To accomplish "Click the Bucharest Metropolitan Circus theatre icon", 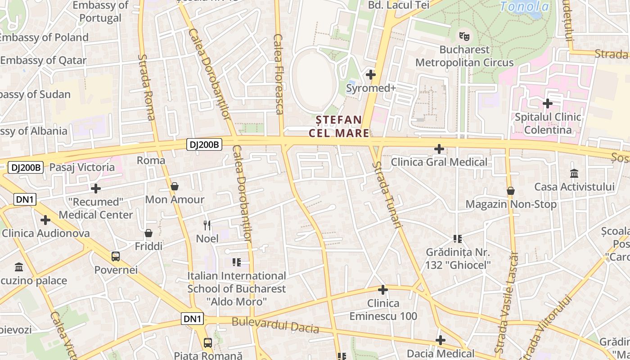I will (x=463, y=36).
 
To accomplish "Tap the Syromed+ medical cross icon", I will (x=371, y=75).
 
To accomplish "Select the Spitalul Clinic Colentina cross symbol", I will (x=547, y=103).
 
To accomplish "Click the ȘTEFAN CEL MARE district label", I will (x=339, y=126).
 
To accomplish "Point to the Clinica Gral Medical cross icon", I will (x=439, y=148).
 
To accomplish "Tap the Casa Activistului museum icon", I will (x=574, y=173).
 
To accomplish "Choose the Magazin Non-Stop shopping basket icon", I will (x=510, y=191).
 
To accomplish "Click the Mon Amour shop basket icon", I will (x=175, y=186).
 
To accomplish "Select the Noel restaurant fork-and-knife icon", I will (x=207, y=225).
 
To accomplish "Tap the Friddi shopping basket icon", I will (x=148, y=233).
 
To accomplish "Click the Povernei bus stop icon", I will (x=116, y=256).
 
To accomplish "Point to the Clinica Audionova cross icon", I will (x=45, y=220).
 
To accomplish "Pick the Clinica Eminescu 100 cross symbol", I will (x=383, y=290).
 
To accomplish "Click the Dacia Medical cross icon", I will (x=441, y=340).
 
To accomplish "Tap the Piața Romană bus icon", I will (x=208, y=343).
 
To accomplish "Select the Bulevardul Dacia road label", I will (x=275, y=326).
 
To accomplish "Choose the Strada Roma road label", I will (x=147, y=88).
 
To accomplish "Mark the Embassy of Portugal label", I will (x=100, y=12).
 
